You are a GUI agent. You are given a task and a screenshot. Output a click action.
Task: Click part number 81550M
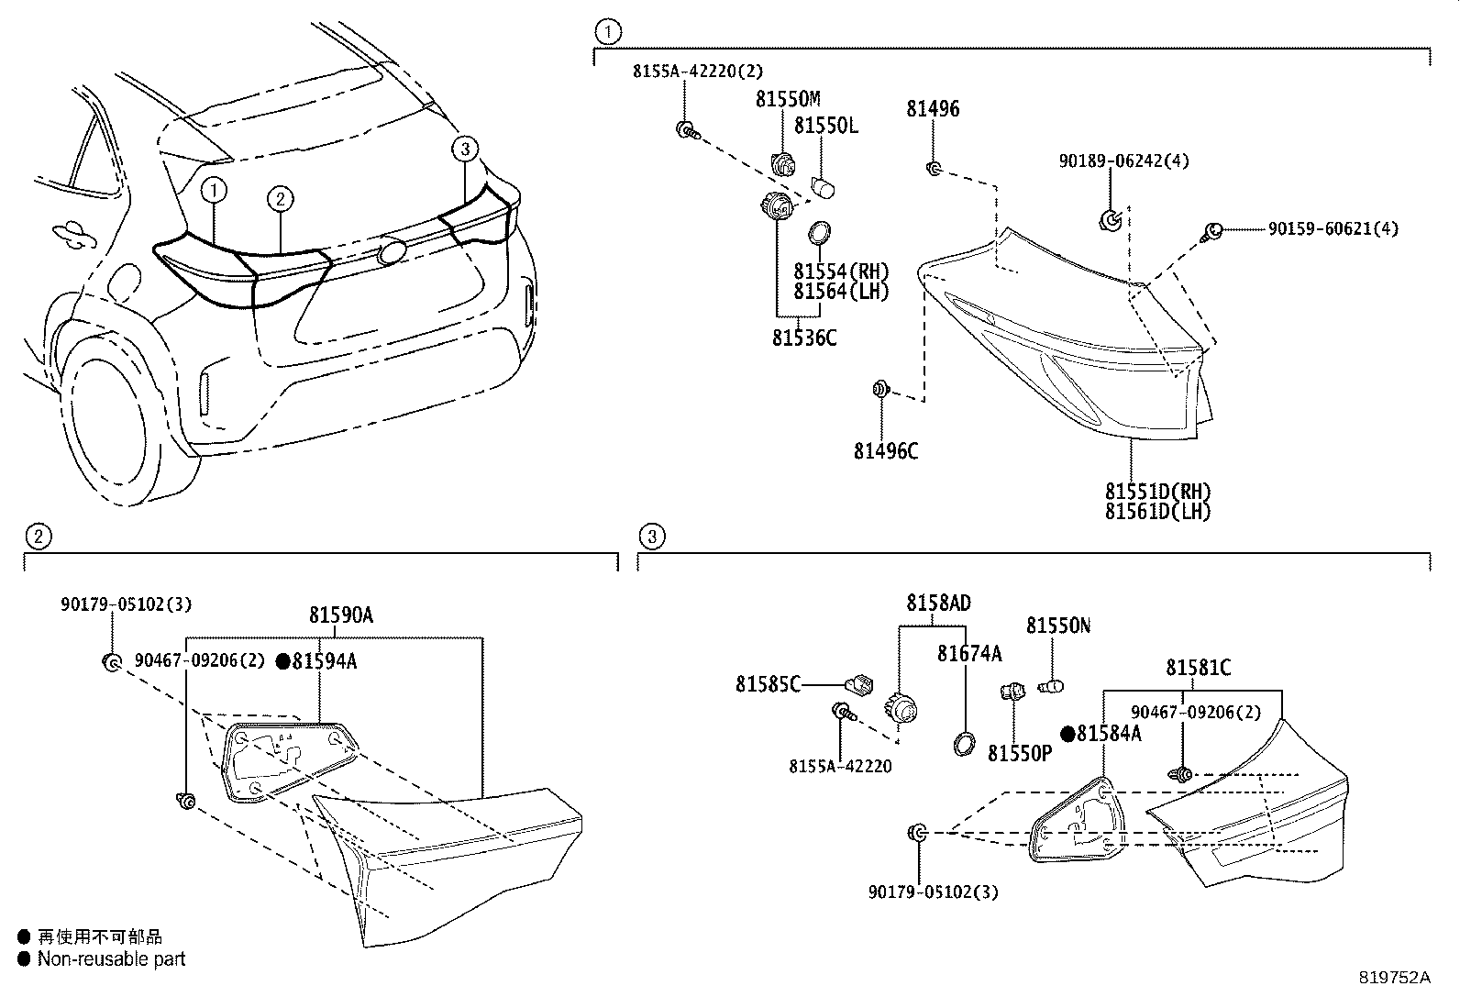(788, 99)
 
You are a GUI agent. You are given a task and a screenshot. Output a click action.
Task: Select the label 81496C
(885, 451)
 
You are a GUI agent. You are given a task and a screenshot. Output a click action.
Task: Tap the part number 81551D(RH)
(1157, 492)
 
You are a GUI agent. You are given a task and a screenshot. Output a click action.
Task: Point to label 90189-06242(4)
(1123, 161)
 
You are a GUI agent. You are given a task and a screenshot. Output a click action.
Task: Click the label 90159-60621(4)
(1333, 228)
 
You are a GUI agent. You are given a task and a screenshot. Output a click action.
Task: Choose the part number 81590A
(340, 616)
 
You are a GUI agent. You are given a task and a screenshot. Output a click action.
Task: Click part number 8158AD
(938, 604)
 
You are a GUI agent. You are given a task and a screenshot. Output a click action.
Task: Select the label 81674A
(968, 654)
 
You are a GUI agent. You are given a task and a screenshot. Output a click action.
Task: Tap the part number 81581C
(1198, 668)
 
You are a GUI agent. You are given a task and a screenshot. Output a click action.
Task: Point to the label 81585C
(768, 683)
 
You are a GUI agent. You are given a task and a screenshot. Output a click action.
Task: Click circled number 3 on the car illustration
(465, 148)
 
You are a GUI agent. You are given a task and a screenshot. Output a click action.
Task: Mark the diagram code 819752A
(1394, 978)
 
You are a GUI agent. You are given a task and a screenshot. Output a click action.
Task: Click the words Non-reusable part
(111, 959)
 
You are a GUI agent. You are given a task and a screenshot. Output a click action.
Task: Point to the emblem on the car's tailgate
(392, 252)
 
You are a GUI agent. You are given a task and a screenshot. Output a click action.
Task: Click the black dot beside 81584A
(1067, 734)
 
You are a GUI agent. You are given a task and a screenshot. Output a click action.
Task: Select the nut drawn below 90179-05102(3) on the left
(110, 662)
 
